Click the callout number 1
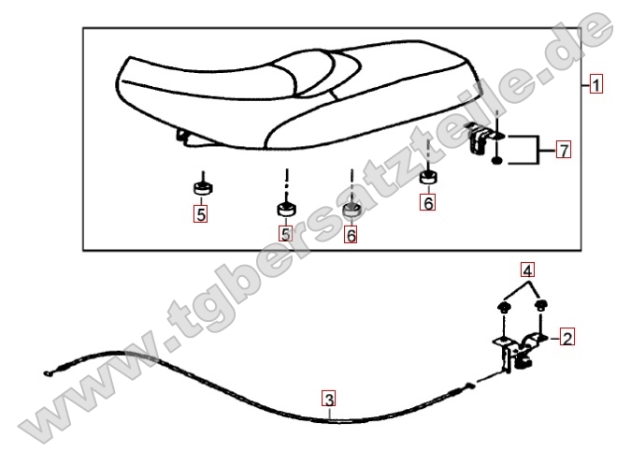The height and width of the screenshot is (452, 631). click(596, 84)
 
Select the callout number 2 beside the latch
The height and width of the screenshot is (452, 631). click(567, 337)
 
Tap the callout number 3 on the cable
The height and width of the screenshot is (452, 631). click(329, 399)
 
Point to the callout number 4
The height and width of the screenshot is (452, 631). click(527, 270)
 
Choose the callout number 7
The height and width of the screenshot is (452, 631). click(564, 150)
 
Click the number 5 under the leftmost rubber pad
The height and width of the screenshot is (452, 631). click(200, 214)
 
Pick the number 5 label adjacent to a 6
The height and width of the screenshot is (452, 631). click(285, 233)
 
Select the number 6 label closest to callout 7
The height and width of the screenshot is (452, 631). click(428, 202)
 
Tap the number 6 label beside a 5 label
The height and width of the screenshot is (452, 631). click(351, 235)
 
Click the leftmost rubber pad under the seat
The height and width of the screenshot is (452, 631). click(203, 188)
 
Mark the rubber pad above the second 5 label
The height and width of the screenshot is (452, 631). click(286, 210)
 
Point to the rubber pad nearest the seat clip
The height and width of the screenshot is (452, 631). click(428, 177)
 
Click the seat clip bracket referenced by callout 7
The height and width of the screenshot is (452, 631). click(480, 138)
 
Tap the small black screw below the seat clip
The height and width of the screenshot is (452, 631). click(497, 161)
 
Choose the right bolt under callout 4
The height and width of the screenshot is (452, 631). click(540, 305)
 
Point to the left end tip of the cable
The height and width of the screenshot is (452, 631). click(46, 373)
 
